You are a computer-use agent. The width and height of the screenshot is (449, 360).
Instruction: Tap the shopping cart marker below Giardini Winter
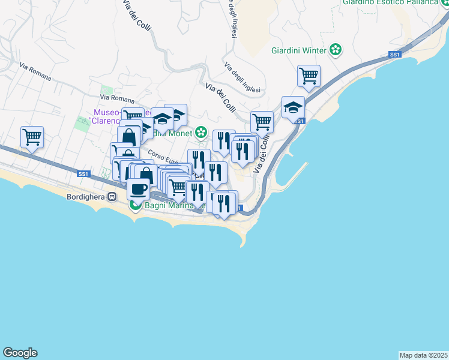(309, 76)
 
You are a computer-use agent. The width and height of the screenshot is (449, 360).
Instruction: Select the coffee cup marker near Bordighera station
(139, 188)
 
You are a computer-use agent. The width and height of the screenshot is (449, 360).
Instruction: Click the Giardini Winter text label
(298, 50)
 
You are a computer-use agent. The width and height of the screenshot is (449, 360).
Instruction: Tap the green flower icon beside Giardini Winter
(336, 50)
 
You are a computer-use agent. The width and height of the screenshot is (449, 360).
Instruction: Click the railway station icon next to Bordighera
(112, 197)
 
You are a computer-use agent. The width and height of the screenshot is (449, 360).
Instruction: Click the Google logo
(20, 353)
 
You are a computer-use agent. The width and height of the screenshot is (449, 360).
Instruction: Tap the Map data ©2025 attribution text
(423, 355)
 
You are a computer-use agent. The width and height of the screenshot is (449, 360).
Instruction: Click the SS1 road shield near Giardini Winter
(394, 55)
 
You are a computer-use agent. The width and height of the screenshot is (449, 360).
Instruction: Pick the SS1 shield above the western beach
(83, 174)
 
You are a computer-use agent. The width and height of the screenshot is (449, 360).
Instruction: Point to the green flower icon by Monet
(202, 133)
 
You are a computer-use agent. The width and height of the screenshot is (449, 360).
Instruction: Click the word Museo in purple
(107, 113)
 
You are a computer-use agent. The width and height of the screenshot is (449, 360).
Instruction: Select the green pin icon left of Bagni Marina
(136, 206)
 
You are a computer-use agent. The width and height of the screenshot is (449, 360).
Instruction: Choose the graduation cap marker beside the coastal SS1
(293, 107)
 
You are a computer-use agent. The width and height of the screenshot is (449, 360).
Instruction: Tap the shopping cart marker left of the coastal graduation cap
(262, 121)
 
